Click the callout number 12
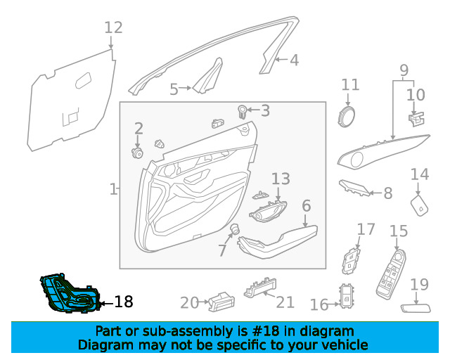[x=113, y=27]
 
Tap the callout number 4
[x=294, y=60]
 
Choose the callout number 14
[x=419, y=174]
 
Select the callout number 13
[x=281, y=179]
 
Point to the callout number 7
[x=222, y=251]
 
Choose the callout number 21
[x=285, y=302]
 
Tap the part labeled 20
[x=217, y=301]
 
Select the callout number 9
[x=404, y=70]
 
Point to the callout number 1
[x=113, y=189]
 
